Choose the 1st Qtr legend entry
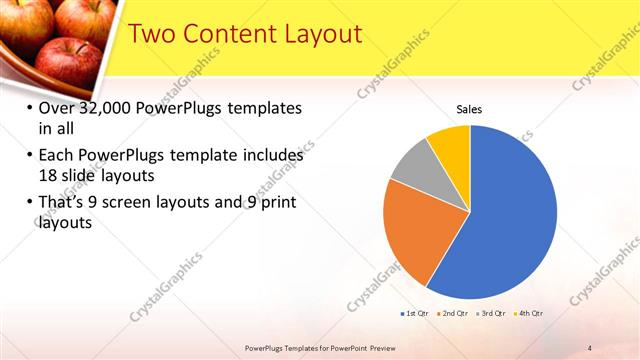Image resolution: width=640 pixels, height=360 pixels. click(x=418, y=314)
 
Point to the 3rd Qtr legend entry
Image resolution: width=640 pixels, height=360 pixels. click(x=493, y=314)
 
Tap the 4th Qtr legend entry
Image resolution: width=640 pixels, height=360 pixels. click(x=529, y=314)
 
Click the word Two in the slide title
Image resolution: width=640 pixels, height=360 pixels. click(x=152, y=34)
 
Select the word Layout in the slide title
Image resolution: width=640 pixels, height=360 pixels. click(x=318, y=34)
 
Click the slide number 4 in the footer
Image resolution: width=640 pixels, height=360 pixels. click(x=590, y=347)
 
